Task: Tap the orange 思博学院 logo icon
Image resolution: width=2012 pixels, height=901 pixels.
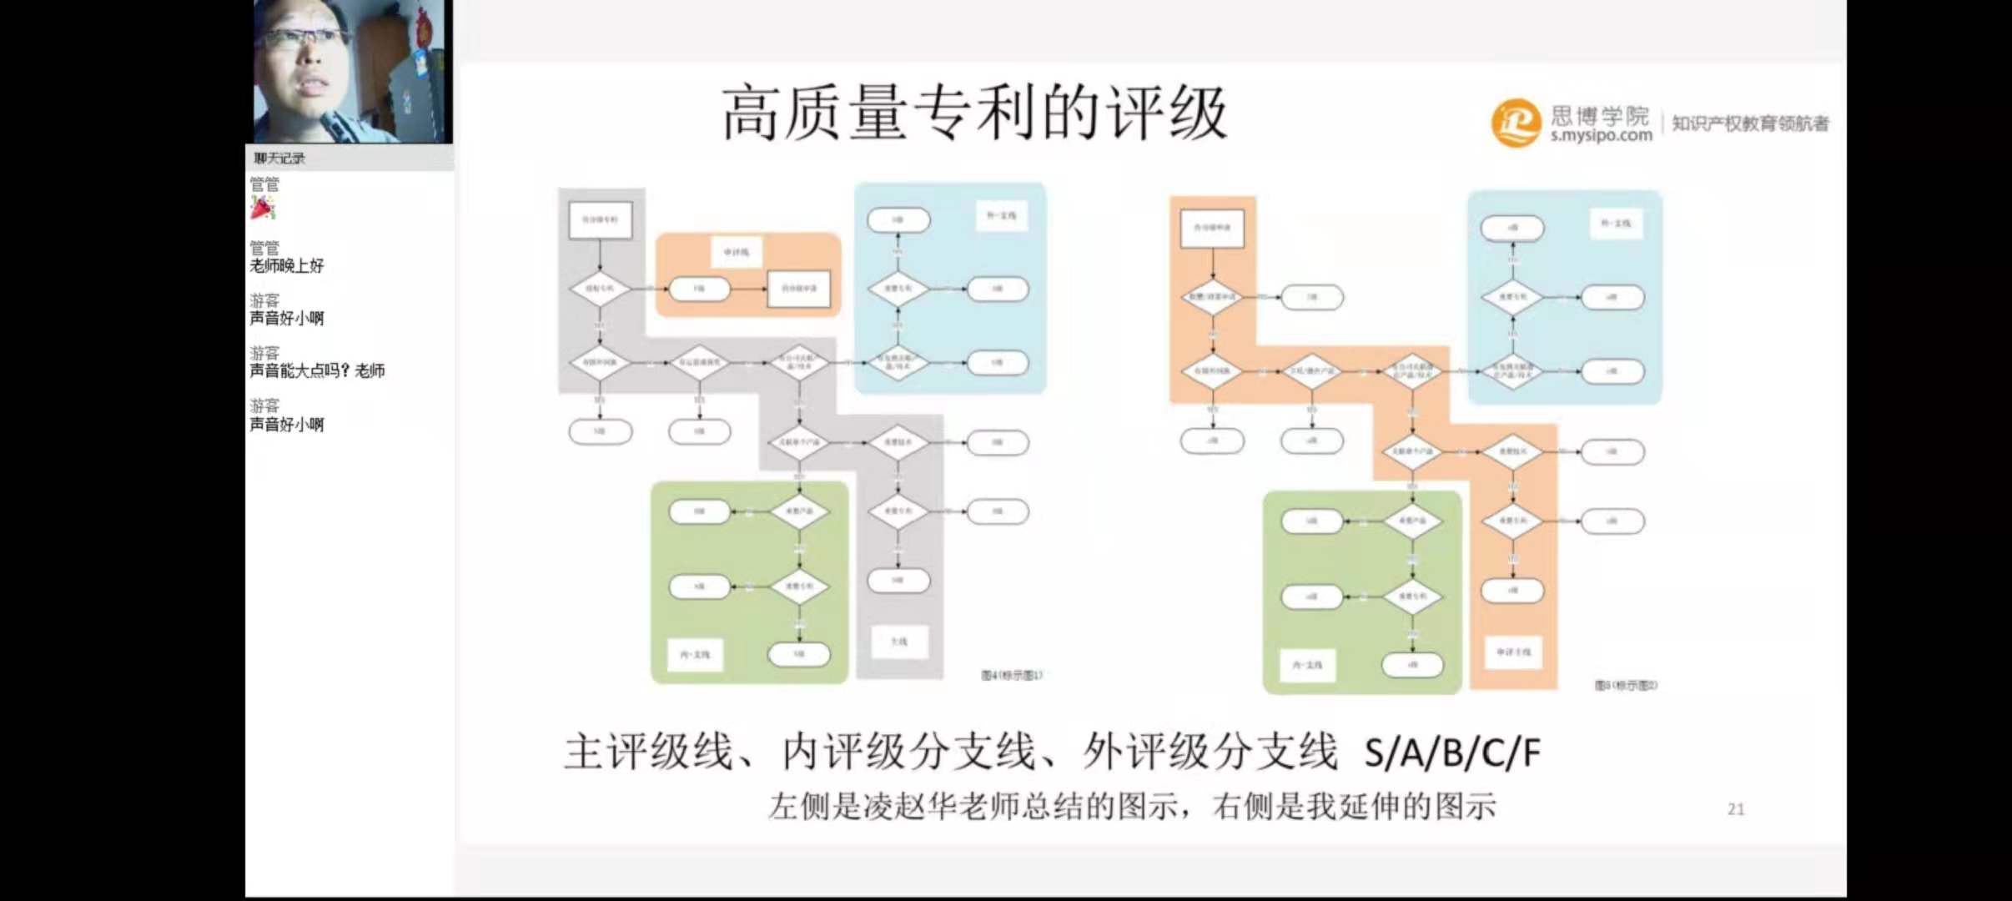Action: point(1515,123)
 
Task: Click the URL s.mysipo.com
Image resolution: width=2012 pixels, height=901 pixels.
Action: point(1601,135)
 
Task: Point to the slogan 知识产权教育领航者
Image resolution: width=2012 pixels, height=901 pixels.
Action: point(1750,123)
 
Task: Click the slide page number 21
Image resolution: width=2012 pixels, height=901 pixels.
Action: point(1736,809)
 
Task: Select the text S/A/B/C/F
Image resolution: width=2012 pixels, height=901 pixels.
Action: point(1451,753)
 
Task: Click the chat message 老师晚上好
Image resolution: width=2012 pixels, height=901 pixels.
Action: point(287,265)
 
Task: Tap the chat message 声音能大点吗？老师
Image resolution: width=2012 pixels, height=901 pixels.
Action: point(317,370)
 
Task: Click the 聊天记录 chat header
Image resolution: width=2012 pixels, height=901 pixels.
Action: point(279,159)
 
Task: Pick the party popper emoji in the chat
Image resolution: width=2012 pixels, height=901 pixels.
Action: point(263,207)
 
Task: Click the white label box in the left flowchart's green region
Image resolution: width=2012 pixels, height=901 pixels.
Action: point(694,655)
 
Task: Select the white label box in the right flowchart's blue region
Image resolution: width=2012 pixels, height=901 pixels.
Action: point(1615,224)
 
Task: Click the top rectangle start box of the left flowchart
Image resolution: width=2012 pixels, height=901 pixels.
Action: point(600,219)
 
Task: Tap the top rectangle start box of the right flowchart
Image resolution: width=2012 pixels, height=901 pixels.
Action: point(1212,228)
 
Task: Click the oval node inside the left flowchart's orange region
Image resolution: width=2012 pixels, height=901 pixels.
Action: point(699,289)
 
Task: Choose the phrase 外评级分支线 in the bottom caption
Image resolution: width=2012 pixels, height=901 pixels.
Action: point(1210,752)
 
